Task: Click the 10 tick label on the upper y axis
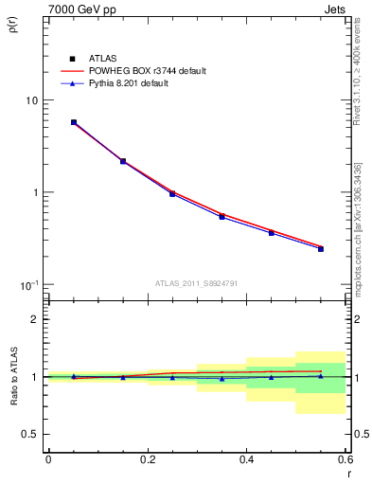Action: click(x=31, y=100)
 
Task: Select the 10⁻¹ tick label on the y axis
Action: click(x=29, y=285)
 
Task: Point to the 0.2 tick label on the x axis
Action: click(x=147, y=459)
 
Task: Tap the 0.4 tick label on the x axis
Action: click(x=246, y=459)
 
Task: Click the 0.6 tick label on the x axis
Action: click(x=345, y=459)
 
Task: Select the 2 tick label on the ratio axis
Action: click(x=35, y=319)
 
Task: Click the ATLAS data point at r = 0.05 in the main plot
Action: click(x=74, y=122)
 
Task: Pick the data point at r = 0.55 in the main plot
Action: click(x=321, y=249)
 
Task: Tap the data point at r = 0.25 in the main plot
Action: click(x=172, y=193)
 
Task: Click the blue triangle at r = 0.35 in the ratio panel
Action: click(x=221, y=378)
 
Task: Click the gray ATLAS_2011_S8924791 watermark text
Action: click(x=196, y=282)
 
